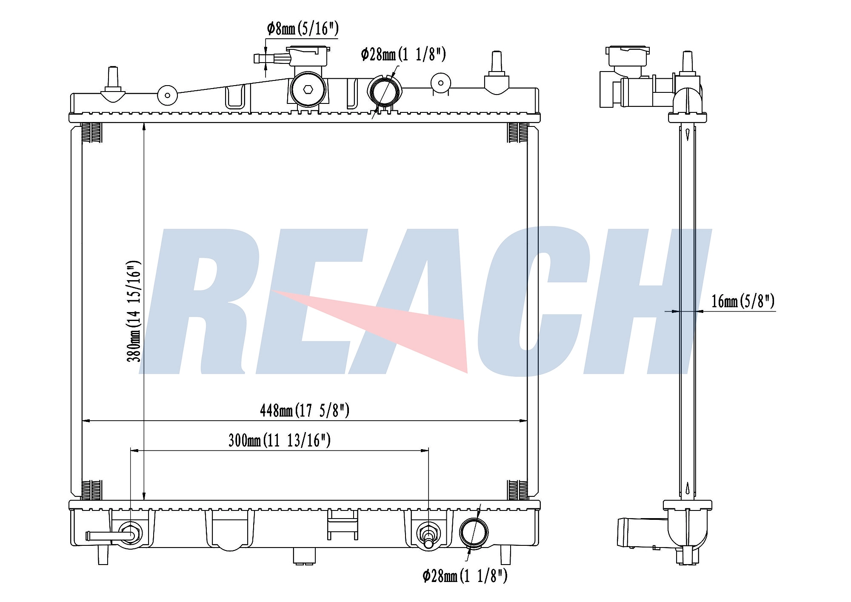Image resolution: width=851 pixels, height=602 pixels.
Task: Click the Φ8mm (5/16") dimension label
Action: coord(303,29)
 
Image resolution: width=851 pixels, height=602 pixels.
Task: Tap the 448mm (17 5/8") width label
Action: coord(305,410)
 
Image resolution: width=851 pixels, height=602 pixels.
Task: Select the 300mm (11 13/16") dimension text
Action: coord(280,440)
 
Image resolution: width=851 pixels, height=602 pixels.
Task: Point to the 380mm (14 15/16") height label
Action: coord(134,311)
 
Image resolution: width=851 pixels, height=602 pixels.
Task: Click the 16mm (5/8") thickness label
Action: coord(743,301)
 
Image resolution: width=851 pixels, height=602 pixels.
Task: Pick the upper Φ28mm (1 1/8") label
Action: coord(403,54)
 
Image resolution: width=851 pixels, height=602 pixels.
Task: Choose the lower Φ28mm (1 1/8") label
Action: coord(465,576)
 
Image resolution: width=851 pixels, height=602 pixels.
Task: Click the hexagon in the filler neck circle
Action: coord(308,89)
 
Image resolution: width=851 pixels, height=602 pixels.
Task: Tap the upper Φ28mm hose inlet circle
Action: coord(384,91)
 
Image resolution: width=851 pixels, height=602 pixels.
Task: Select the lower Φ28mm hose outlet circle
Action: coord(474,532)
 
